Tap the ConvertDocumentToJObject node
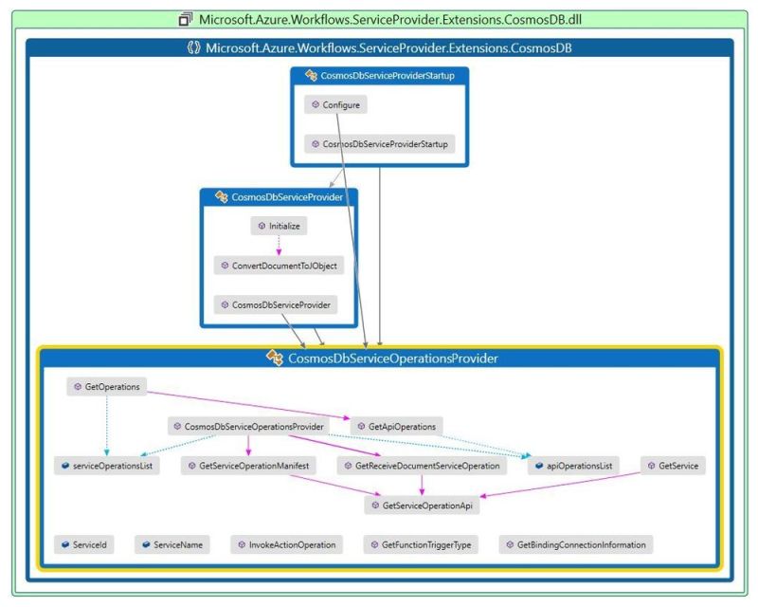(278, 266)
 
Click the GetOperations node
(106, 387)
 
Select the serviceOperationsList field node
(106, 467)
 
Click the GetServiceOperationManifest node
(248, 467)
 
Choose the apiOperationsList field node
(572, 467)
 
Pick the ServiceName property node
(172, 545)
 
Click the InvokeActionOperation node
(286, 545)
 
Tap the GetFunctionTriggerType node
(423, 545)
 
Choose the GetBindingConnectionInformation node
(576, 545)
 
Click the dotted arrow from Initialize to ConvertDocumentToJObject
(280, 246)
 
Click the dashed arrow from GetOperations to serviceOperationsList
(106, 427)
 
